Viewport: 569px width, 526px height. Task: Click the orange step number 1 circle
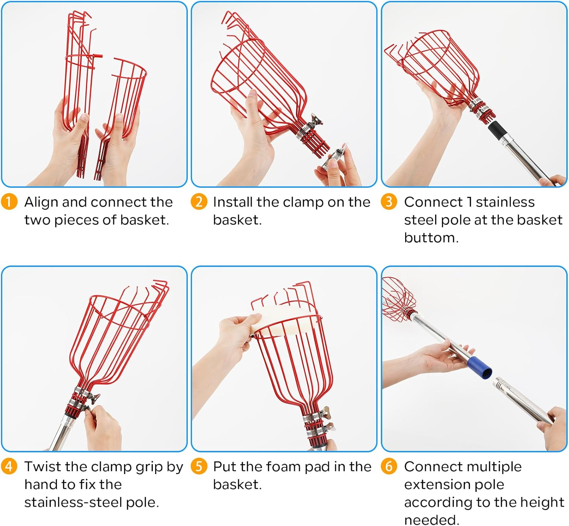click(x=9, y=201)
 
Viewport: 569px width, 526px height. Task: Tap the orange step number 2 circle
click(x=199, y=201)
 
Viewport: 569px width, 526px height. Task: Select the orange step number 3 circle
click(x=389, y=201)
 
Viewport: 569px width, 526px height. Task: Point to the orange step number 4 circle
click(x=9, y=466)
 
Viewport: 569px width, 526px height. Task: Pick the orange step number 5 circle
click(x=199, y=466)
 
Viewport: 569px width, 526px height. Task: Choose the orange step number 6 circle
click(x=389, y=466)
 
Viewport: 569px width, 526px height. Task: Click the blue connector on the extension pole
click(x=479, y=368)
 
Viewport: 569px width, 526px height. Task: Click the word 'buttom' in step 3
click(x=431, y=238)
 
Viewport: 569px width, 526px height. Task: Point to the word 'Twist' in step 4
click(x=43, y=467)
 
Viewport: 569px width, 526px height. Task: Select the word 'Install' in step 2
click(x=233, y=202)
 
